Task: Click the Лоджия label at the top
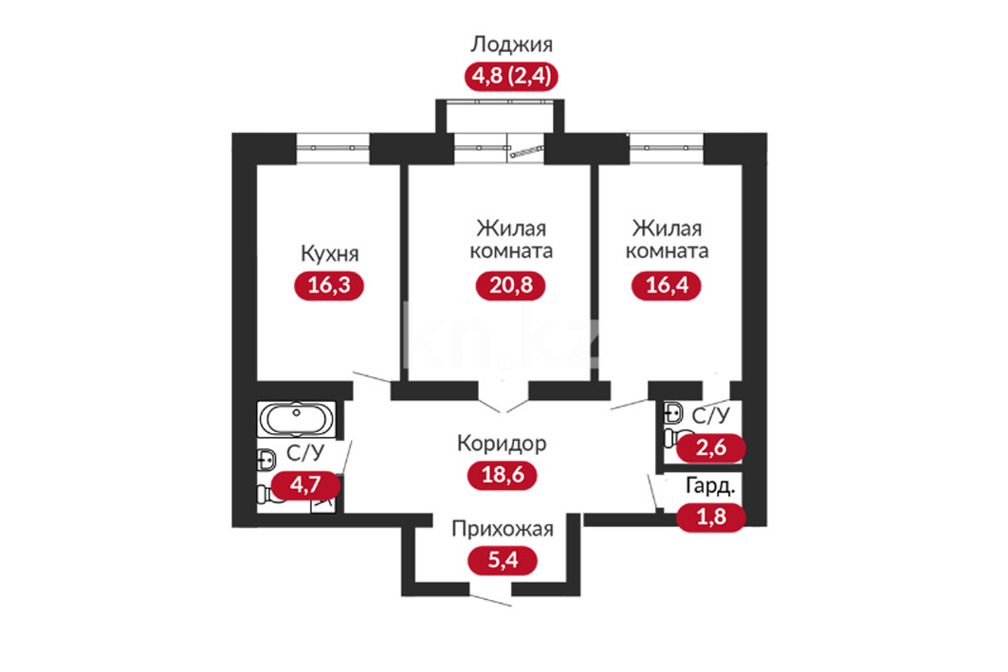coord(511,45)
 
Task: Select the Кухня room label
coord(329,253)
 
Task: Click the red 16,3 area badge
coord(329,285)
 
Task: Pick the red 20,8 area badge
coord(510,285)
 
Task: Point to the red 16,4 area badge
coord(667,285)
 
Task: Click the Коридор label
coord(502,444)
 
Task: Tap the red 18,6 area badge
coord(502,476)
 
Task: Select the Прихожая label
coord(502,529)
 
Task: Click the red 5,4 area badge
coord(502,560)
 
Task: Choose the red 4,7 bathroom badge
coord(305,484)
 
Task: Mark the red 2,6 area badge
coord(711,447)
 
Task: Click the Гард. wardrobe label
coord(710,486)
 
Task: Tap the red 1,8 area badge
coord(711,517)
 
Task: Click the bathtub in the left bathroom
coord(296,419)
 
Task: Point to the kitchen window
coord(333,148)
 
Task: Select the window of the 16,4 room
coord(667,148)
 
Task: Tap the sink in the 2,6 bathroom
coord(672,413)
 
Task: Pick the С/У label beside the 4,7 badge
coord(305,454)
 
